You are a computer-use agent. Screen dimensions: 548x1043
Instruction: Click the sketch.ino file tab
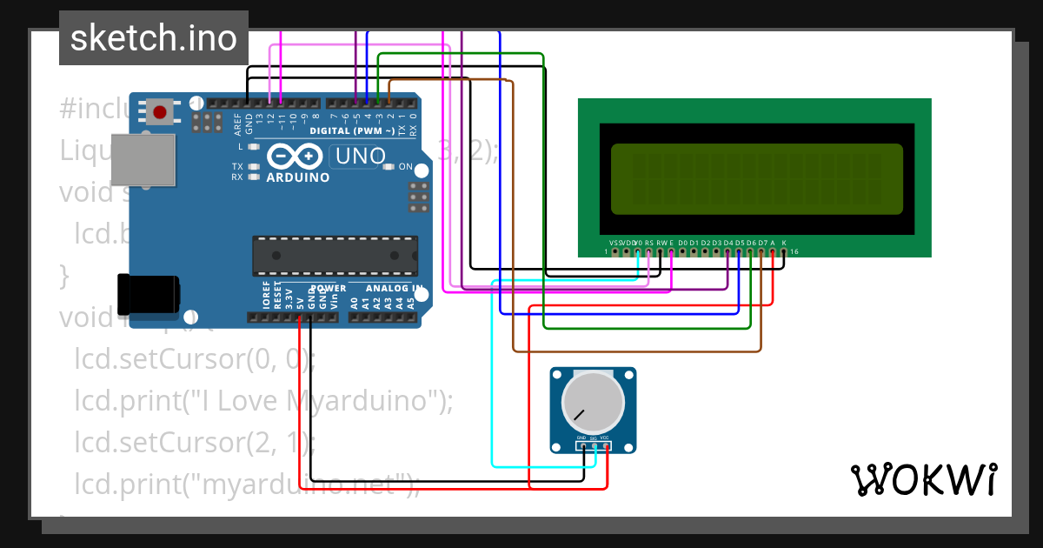(x=154, y=38)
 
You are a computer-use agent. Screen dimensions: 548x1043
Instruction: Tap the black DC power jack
(x=148, y=294)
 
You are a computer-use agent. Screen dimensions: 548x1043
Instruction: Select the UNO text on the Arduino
(x=359, y=157)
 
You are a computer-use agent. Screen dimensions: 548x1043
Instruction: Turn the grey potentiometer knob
(x=593, y=402)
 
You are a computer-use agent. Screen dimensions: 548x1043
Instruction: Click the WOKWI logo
(x=923, y=479)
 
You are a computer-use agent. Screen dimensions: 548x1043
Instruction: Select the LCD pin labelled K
(x=783, y=252)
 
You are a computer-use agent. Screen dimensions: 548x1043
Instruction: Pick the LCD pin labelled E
(x=671, y=252)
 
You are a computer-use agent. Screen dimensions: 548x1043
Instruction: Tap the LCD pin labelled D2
(x=705, y=252)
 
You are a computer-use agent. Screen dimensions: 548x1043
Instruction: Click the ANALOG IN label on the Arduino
(x=395, y=289)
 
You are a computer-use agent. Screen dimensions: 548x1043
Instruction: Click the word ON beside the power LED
(x=406, y=166)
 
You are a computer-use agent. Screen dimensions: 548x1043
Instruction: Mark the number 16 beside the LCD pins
(x=794, y=252)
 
